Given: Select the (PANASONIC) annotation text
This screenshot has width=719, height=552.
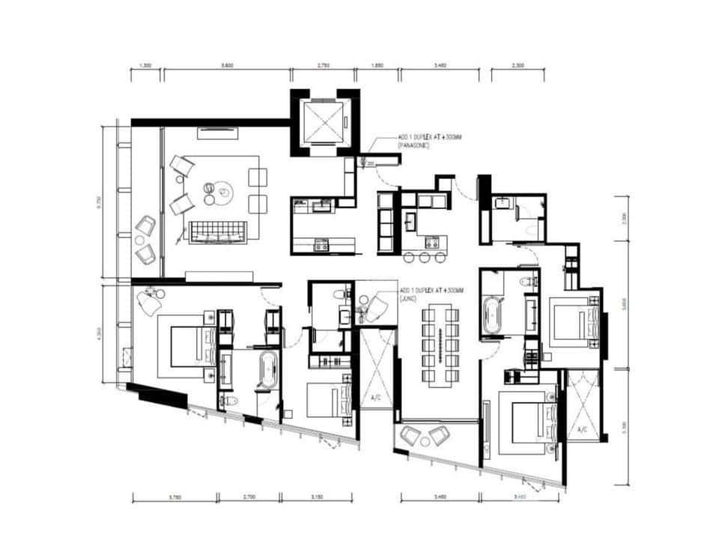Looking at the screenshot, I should point(414,147).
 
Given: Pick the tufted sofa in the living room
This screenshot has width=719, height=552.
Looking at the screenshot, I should point(218,232).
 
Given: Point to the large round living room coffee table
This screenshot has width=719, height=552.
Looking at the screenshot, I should point(219,192).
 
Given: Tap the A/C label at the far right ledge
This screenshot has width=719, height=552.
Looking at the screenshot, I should point(583,430).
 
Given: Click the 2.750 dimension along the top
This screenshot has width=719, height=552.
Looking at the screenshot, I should point(324,67).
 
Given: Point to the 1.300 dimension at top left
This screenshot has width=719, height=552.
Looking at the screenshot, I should point(146,67).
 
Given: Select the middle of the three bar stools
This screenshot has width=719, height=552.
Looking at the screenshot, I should point(425,258).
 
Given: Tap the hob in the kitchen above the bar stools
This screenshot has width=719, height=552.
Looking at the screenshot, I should point(431,241).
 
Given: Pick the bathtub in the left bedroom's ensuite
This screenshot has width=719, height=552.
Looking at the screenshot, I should point(267,372).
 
